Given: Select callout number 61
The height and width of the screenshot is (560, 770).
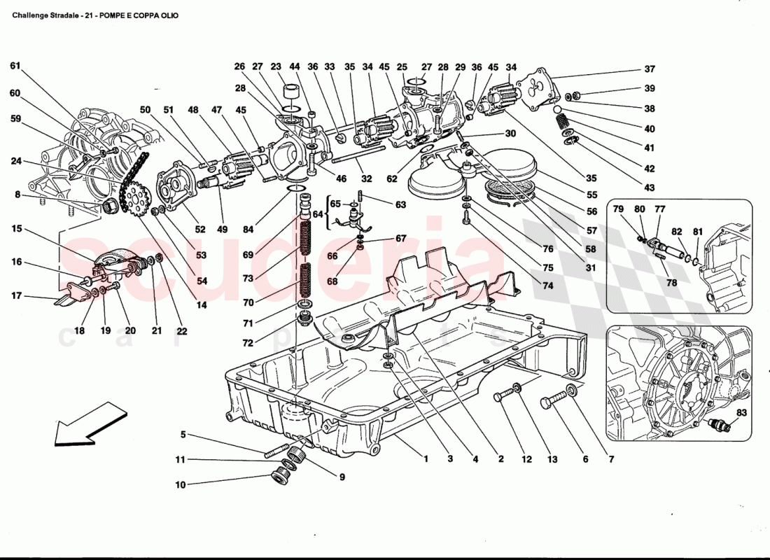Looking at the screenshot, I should click(15, 66).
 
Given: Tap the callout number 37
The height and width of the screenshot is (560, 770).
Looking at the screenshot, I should click(650, 69).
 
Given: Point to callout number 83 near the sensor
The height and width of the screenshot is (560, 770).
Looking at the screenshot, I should click(741, 413).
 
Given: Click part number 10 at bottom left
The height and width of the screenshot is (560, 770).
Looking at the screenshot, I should click(181, 484).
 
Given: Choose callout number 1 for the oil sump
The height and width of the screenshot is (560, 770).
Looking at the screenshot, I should click(425, 460).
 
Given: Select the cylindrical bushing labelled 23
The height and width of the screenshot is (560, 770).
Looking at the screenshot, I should click(289, 93).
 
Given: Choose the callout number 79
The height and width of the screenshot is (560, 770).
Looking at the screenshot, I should click(618, 209).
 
